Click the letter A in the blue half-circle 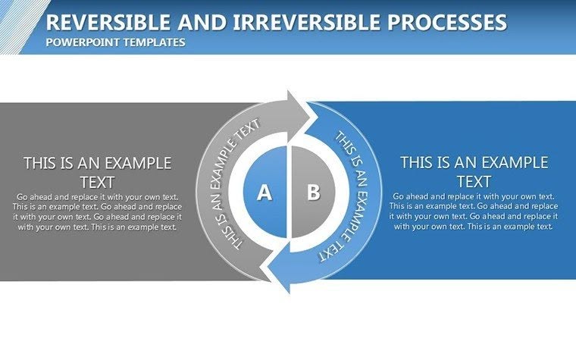click(264, 193)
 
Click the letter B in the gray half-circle click(313, 192)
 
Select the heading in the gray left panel click(97, 172)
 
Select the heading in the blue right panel click(474, 171)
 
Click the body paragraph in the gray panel click(97, 211)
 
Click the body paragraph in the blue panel click(474, 211)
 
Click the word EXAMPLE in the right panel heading click(513, 162)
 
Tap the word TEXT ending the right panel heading click(474, 182)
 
